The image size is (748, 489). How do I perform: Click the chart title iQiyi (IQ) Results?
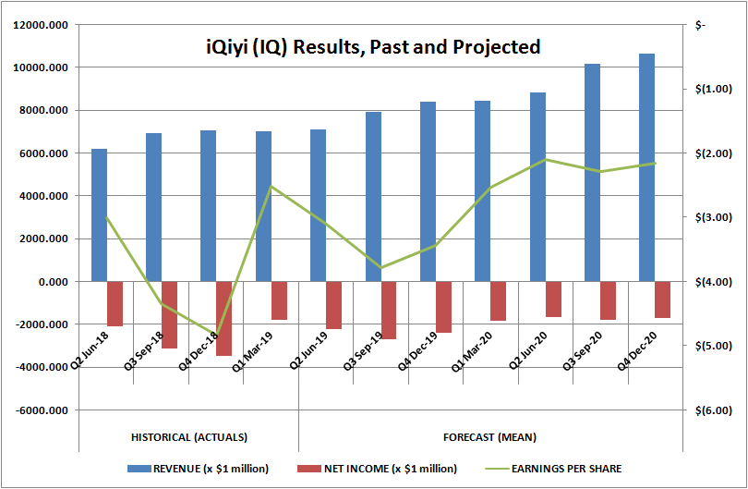tap(372, 46)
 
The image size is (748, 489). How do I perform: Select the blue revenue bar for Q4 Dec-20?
tap(646, 167)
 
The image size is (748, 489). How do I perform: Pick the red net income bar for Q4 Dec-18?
tap(224, 318)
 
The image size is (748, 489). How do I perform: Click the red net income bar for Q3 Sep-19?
tap(389, 310)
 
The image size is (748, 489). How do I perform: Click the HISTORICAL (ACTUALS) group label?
tap(189, 436)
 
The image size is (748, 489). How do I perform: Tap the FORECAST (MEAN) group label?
tap(490, 436)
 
